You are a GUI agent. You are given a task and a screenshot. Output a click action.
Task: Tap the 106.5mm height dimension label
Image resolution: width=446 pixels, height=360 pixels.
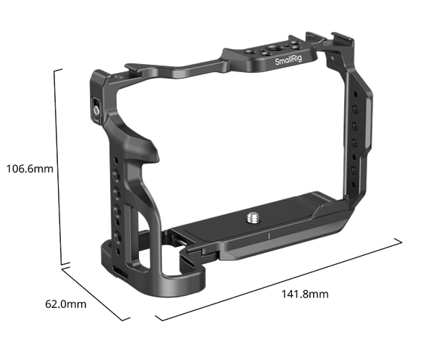pos(29,168)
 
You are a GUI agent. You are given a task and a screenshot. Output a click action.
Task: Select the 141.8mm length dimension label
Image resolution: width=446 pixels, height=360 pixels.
pos(305,295)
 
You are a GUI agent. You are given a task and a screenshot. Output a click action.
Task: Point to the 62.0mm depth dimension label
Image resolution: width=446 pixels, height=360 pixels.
pos(66,303)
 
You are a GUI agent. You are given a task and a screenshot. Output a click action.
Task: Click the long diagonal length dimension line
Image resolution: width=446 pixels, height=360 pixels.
pos(282,280)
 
